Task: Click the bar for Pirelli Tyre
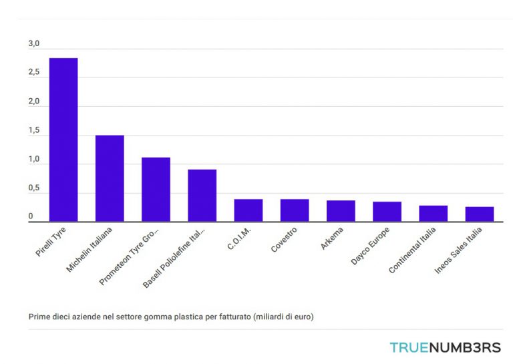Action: coord(63,140)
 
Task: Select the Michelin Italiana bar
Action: coord(110,178)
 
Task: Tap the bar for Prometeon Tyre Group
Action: coord(156,190)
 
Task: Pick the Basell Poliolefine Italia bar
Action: coord(202,196)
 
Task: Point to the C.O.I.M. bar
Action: coord(248,210)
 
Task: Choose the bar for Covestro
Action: coord(295,210)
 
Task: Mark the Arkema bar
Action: coord(341,211)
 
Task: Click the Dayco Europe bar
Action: coord(387,212)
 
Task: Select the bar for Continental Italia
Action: coord(433,214)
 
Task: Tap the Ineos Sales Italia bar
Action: coord(480,214)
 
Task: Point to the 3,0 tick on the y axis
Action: coord(34,44)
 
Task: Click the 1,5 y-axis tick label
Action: coord(34,132)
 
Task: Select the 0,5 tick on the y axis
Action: coord(34,189)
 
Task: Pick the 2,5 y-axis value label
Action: coord(34,73)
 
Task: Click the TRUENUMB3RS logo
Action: coord(445,347)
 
